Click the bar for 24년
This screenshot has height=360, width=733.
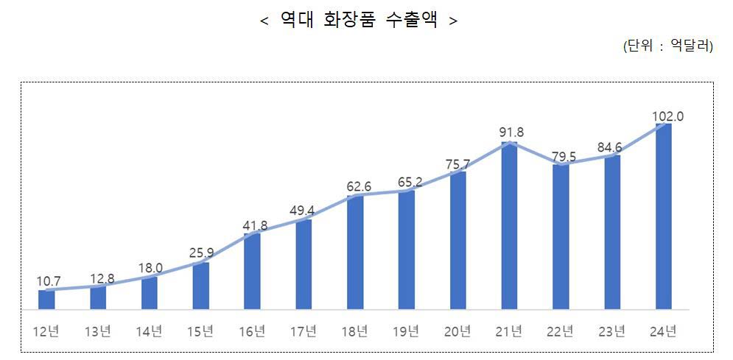coord(663,216)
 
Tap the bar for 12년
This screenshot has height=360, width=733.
coord(46,300)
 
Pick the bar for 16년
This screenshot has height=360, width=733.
coord(252,271)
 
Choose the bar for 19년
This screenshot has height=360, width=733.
coord(407,250)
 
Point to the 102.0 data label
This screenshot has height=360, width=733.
coord(668,116)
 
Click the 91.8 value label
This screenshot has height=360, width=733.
coord(511,133)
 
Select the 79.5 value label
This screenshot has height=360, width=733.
coord(565,155)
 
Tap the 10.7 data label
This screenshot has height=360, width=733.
coord(48,280)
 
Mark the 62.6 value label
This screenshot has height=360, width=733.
coord(357,186)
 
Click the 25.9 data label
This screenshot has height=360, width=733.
coord(200,253)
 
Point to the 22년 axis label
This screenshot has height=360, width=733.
coord(561,331)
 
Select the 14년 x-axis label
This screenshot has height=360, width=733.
coord(149,331)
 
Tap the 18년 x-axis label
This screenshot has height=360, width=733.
coord(355,331)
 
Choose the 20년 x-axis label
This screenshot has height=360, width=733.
coord(457,331)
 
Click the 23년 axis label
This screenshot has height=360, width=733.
coord(612,331)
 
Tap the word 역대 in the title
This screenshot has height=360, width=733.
coord(297,21)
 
